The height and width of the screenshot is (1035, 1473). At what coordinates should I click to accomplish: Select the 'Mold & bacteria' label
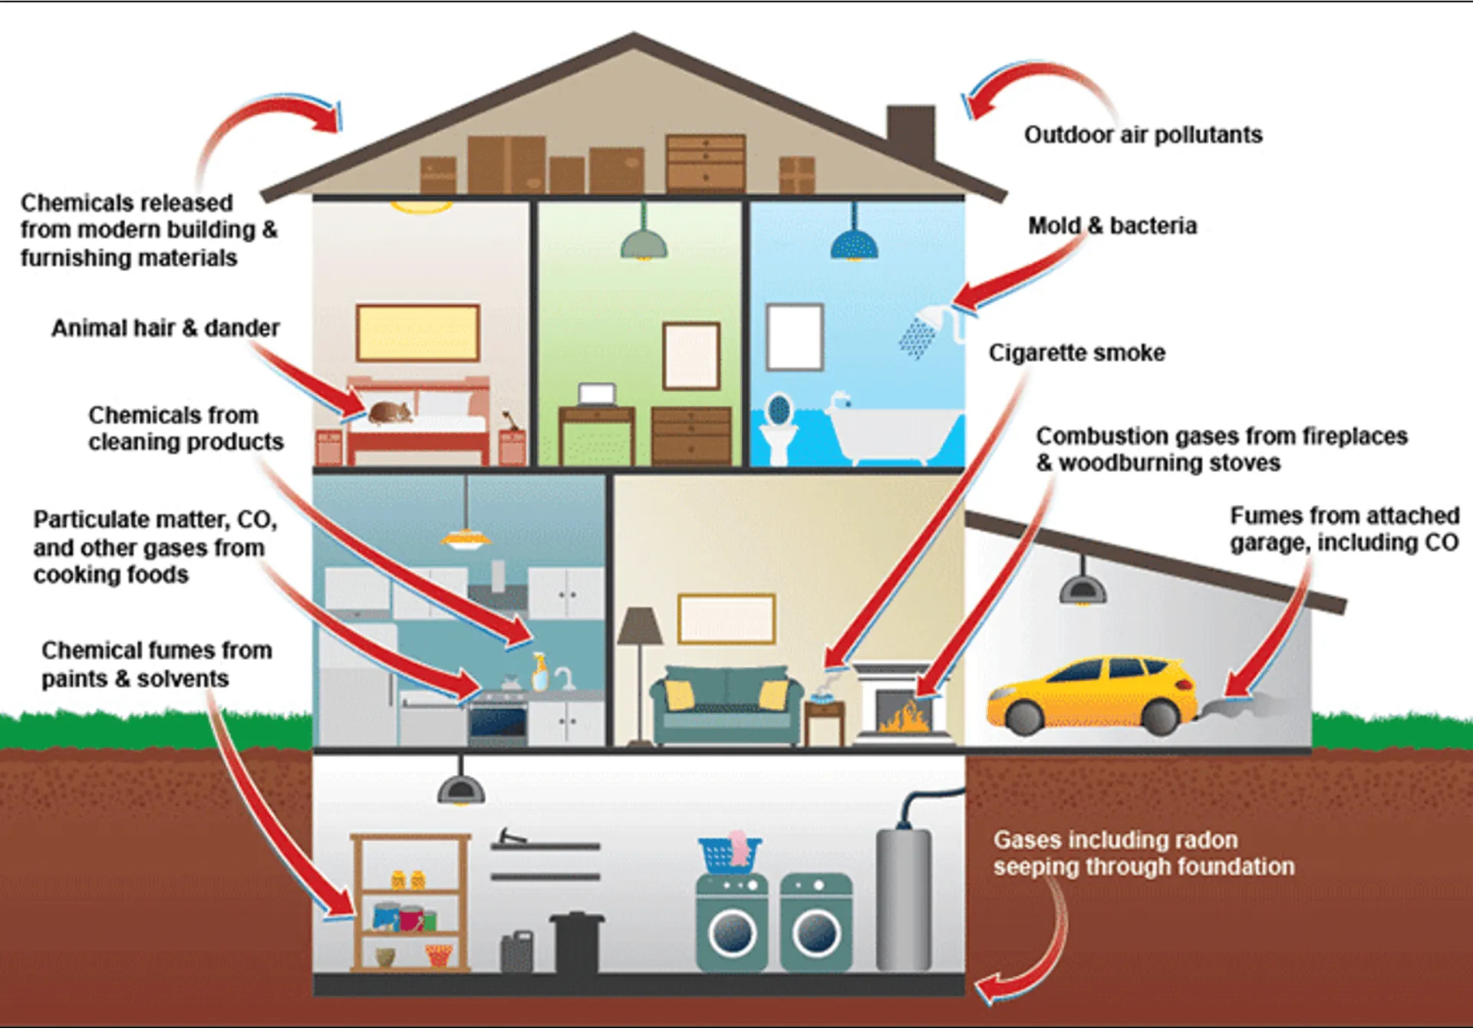point(1112,226)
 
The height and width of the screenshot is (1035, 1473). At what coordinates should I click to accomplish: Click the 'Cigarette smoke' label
point(1076,353)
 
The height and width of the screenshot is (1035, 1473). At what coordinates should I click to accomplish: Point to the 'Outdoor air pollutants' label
point(1142,135)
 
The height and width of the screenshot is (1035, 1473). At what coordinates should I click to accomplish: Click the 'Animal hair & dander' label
point(165,328)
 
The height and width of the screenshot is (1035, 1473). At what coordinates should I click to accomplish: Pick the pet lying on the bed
point(390,413)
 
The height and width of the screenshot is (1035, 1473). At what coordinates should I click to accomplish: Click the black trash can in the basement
point(577,942)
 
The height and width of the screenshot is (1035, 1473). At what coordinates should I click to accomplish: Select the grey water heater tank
point(903,898)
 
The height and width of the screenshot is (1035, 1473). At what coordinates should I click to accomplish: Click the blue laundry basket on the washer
point(729,853)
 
